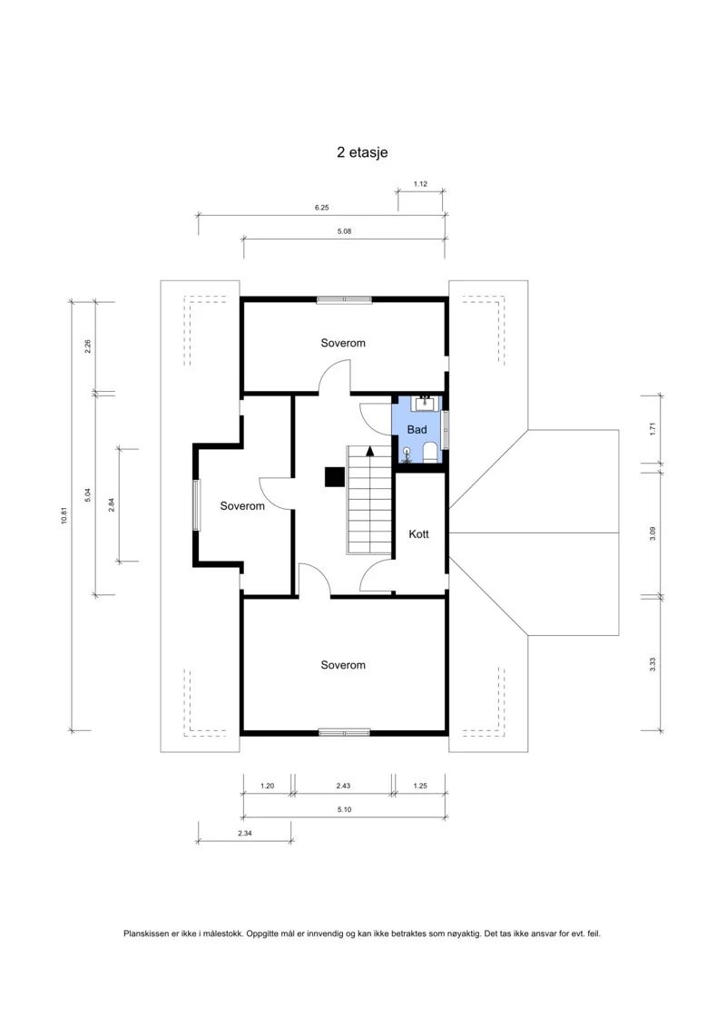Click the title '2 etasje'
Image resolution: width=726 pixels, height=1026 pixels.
pyautogui.click(x=362, y=152)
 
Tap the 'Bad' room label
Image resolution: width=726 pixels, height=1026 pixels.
pyautogui.click(x=417, y=430)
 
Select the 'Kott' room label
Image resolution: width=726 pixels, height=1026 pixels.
pyautogui.click(x=419, y=534)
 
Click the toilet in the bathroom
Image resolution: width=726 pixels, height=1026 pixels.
pyautogui.click(x=430, y=452)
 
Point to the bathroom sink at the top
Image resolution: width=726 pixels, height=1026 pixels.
pyautogui.click(x=425, y=403)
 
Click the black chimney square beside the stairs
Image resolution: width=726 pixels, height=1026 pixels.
pyautogui.click(x=335, y=476)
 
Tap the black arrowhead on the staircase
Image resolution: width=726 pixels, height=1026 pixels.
pyautogui.click(x=370, y=451)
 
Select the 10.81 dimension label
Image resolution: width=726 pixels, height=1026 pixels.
pyautogui.click(x=64, y=516)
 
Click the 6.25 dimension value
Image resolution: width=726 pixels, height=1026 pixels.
pyautogui.click(x=321, y=208)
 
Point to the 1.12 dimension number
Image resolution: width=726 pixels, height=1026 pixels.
pyautogui.click(x=420, y=184)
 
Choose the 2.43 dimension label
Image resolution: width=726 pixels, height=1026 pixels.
pyautogui.click(x=343, y=786)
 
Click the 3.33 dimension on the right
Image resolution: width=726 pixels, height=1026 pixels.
pyautogui.click(x=652, y=665)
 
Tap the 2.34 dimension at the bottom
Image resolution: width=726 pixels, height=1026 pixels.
pyautogui.click(x=244, y=833)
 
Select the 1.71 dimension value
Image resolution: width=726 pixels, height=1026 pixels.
pyautogui.click(x=652, y=430)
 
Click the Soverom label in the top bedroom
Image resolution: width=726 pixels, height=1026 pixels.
pyautogui.click(x=343, y=343)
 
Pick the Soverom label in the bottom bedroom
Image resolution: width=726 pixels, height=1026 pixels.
pyautogui.click(x=343, y=665)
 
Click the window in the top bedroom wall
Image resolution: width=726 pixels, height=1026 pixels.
pyautogui.click(x=344, y=299)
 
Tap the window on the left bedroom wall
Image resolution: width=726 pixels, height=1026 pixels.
pyautogui.click(x=196, y=505)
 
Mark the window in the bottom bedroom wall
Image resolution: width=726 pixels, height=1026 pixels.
pyautogui.click(x=344, y=732)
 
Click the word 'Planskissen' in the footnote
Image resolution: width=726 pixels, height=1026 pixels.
pyautogui.click(x=146, y=933)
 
